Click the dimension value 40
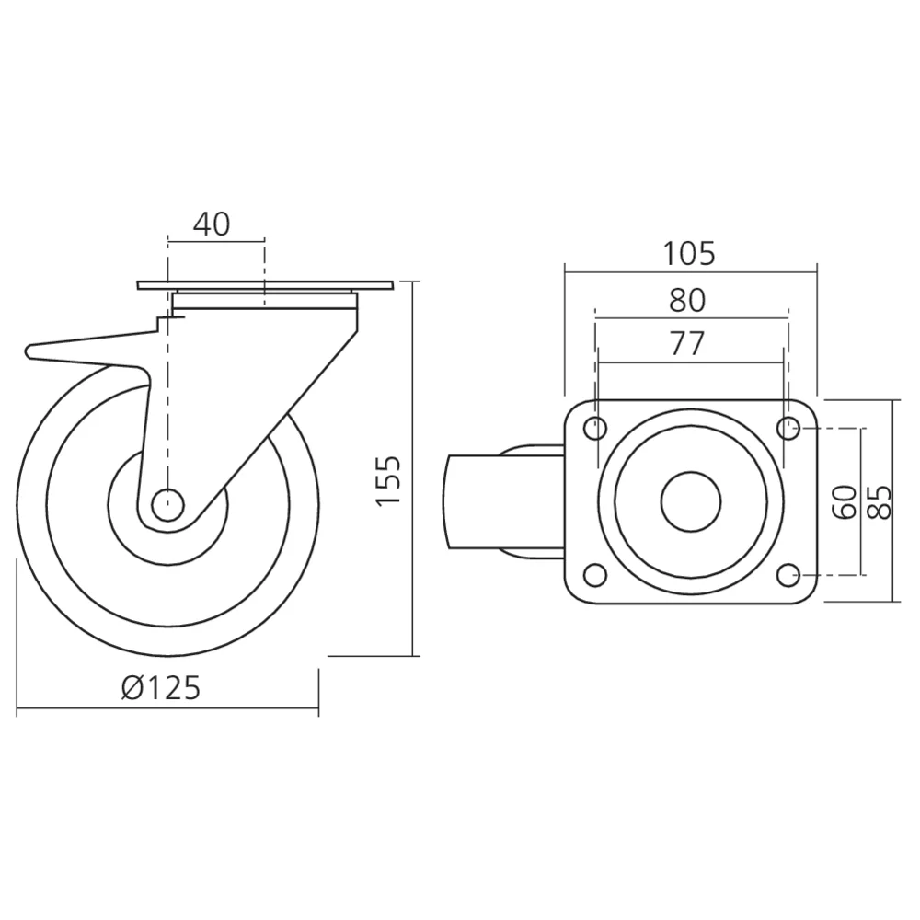(x=212, y=224)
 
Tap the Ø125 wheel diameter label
(x=161, y=687)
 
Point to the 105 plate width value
(x=689, y=253)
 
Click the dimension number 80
(x=688, y=299)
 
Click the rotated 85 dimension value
(x=880, y=501)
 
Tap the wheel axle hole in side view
(x=167, y=502)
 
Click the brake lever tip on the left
(x=33, y=351)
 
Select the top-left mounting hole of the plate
(x=596, y=428)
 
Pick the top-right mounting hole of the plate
(x=788, y=427)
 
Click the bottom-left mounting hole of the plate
(x=596, y=575)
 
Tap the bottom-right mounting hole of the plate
(x=788, y=575)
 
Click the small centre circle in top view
(x=691, y=501)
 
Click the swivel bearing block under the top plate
(x=265, y=301)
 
